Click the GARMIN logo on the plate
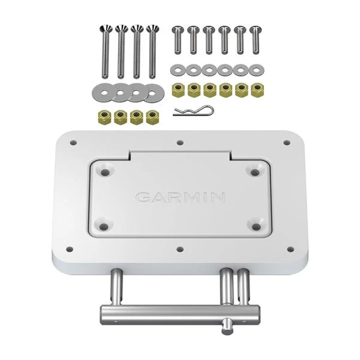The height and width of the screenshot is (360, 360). tap(180, 198)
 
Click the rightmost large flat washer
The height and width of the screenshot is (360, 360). tap(152, 93)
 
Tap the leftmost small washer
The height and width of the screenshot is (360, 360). tap(177, 68)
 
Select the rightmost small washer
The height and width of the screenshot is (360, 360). tap(256, 68)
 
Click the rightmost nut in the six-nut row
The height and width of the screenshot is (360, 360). tap(256, 89)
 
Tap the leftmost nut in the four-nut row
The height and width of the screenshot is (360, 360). tap(104, 117)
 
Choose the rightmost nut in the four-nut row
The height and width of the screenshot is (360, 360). tap(152, 117)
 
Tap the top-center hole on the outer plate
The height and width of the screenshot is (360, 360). tap(181, 142)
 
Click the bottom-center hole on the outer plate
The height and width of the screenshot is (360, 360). tap(181, 249)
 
